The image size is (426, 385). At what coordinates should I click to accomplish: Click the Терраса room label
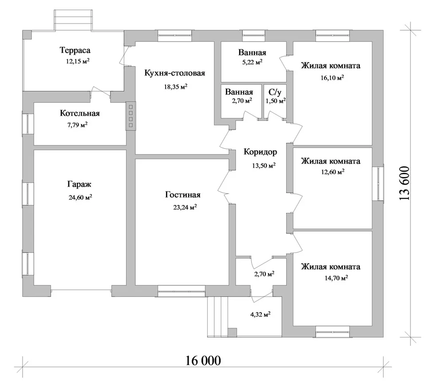[x=75, y=50]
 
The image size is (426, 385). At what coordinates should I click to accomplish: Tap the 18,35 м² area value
[x=176, y=87]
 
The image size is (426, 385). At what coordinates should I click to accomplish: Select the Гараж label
[x=79, y=184]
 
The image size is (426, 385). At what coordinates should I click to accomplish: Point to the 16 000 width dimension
[x=203, y=361]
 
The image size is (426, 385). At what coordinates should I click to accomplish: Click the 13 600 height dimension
[x=405, y=183]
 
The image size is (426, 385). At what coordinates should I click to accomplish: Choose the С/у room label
[x=275, y=92]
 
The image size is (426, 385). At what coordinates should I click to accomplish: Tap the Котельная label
[x=80, y=113]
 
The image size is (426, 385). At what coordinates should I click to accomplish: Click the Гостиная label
[x=182, y=195]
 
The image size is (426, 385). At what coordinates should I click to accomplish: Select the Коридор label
[x=260, y=152]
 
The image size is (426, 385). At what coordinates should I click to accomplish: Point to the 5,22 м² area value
[x=252, y=62]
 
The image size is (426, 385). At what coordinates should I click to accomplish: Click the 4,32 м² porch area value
[x=260, y=315]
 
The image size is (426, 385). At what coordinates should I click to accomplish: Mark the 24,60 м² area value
[x=80, y=197]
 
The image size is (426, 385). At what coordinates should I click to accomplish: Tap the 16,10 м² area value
[x=332, y=78]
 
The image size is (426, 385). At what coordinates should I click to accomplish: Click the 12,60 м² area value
[x=333, y=172]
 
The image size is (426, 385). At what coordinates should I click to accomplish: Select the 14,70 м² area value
[x=336, y=278]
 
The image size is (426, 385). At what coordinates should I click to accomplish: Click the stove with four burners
[x=130, y=116]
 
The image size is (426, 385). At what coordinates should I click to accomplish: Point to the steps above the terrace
[x=73, y=20]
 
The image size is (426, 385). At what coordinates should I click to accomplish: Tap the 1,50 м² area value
[x=276, y=101]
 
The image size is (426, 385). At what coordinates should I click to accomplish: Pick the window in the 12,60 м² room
[x=378, y=183]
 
